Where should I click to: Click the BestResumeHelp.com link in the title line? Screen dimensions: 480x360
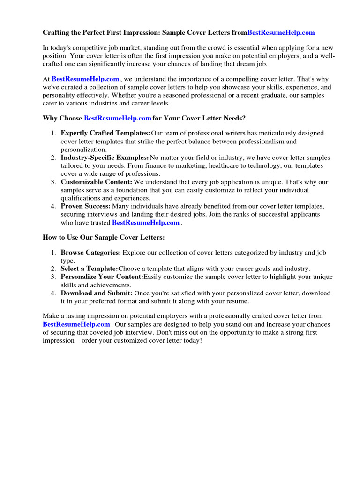point(281,32)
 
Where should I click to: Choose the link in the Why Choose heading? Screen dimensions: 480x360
point(117,118)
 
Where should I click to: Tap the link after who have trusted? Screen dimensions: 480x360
point(146,223)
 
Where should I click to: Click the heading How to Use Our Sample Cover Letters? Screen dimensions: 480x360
point(104,237)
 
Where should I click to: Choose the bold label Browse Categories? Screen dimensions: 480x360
point(90,253)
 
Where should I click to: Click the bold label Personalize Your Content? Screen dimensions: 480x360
point(102,277)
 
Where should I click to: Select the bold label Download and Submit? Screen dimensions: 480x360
point(97,293)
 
